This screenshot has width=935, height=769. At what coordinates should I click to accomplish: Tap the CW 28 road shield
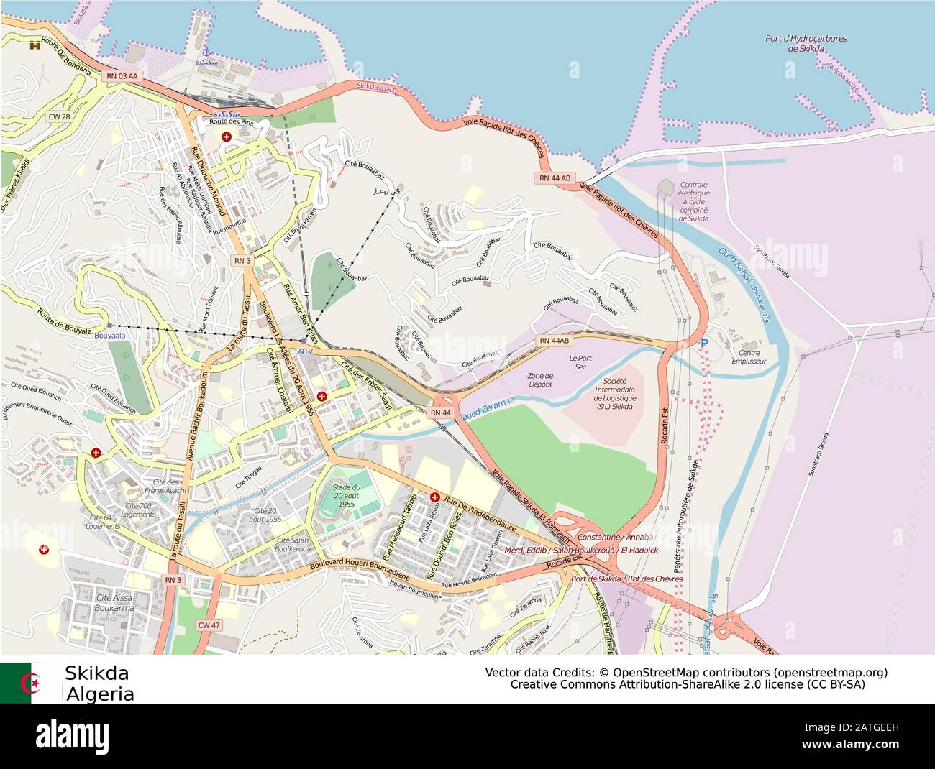(59, 116)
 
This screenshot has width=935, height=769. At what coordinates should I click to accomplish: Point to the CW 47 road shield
(209, 625)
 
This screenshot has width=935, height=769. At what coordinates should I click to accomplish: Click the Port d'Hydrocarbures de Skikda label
(806, 44)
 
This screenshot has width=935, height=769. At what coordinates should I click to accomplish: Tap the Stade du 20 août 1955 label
(347, 496)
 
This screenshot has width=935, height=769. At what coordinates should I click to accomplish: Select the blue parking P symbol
(704, 344)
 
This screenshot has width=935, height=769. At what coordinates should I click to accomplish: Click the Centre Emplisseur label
(749, 357)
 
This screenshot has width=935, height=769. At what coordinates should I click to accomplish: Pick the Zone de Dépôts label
(540, 379)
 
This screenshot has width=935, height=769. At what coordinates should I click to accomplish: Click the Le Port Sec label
(580, 363)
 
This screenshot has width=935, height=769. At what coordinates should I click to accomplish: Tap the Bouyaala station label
(109, 336)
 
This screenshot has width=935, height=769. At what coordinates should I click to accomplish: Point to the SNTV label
(304, 351)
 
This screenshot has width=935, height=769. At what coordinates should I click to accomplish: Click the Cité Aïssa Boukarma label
(114, 603)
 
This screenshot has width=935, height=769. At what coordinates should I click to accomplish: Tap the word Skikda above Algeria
(96, 673)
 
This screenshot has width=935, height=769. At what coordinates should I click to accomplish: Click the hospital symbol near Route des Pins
(227, 137)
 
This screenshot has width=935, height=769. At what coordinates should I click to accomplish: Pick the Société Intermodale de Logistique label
(614, 394)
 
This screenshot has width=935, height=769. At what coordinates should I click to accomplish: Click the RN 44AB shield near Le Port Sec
(554, 341)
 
